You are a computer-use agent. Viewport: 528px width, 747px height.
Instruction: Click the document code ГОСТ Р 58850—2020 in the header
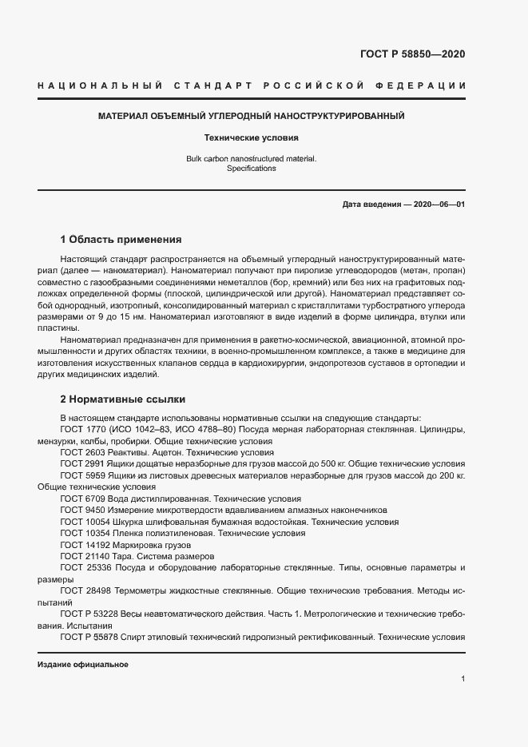(407, 54)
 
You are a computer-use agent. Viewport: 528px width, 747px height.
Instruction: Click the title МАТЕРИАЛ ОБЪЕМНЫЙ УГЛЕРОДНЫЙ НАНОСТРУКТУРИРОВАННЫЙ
(251, 116)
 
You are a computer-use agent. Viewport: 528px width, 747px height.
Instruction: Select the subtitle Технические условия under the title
(251, 137)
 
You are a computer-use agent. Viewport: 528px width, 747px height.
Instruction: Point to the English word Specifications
(251, 169)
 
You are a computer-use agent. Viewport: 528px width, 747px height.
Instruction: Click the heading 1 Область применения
(121, 239)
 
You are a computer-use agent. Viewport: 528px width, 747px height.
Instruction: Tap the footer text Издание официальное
(82, 665)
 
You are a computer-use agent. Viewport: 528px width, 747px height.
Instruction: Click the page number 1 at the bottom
(463, 678)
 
